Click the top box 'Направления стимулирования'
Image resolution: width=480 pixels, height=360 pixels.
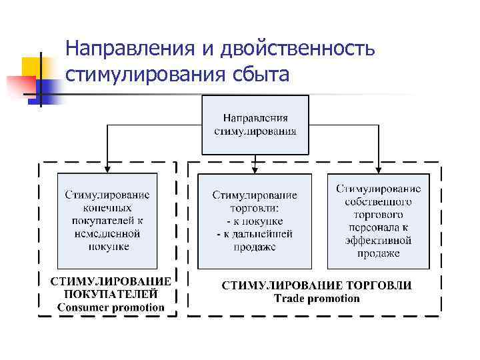(255, 125)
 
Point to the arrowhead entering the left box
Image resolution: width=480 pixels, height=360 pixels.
(107, 170)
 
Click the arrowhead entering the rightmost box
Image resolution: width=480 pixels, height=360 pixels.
(378, 170)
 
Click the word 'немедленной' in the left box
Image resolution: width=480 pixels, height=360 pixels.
(107, 233)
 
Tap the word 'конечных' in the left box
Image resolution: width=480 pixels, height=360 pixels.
(107, 208)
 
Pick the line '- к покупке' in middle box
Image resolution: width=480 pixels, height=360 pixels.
(255, 221)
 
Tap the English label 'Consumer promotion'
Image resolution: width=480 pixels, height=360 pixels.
(110, 307)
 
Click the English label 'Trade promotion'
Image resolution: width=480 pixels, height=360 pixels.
(317, 298)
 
